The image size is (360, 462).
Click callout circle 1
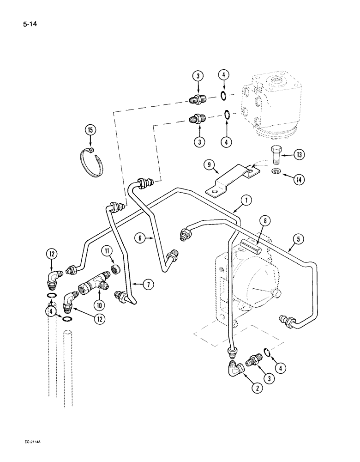tap(246, 200)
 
